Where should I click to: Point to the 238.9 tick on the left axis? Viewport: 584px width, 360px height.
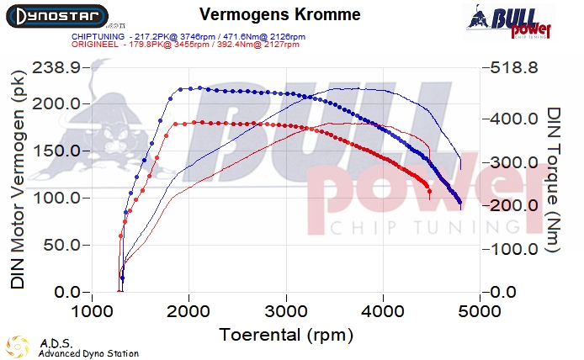56,67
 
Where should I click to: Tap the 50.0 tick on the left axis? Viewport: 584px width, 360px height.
61,246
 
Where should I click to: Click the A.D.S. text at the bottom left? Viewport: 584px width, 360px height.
50,343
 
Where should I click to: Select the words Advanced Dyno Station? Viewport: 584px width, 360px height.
88,353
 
